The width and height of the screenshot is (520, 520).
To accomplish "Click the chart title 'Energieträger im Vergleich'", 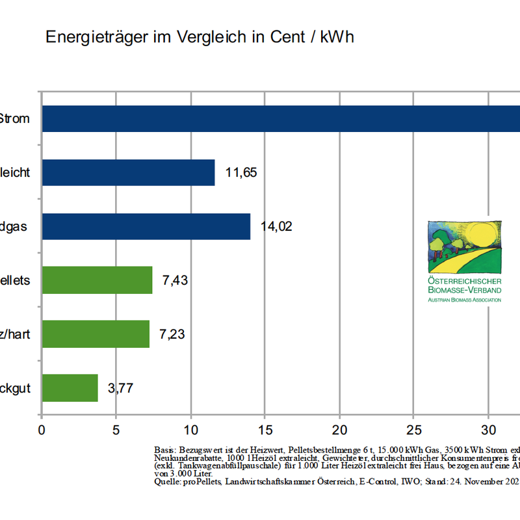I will tap(199, 37).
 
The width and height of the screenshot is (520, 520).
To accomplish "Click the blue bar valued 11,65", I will tap(128, 172).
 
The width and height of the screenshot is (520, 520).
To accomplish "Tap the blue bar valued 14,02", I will tap(146, 226).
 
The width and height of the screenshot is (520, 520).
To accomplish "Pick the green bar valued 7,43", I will tap(97, 280).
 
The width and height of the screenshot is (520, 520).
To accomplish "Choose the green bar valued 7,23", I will tap(96, 334).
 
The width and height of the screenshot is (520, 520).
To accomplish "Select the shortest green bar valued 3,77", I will tap(70, 388).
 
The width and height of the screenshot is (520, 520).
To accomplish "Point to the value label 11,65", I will tap(241, 173).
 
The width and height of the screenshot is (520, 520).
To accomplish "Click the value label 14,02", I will tap(276, 227).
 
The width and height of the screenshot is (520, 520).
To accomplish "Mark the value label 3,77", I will tap(121, 389).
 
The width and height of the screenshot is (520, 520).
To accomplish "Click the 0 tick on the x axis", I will tap(42, 430).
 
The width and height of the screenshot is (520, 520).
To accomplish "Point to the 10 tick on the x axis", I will tap(190, 430).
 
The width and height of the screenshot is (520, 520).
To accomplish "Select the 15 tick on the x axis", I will tap(265, 430).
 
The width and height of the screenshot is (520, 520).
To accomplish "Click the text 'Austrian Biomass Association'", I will tap(464, 300).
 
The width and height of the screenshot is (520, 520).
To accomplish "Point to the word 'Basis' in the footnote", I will tap(164, 450).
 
